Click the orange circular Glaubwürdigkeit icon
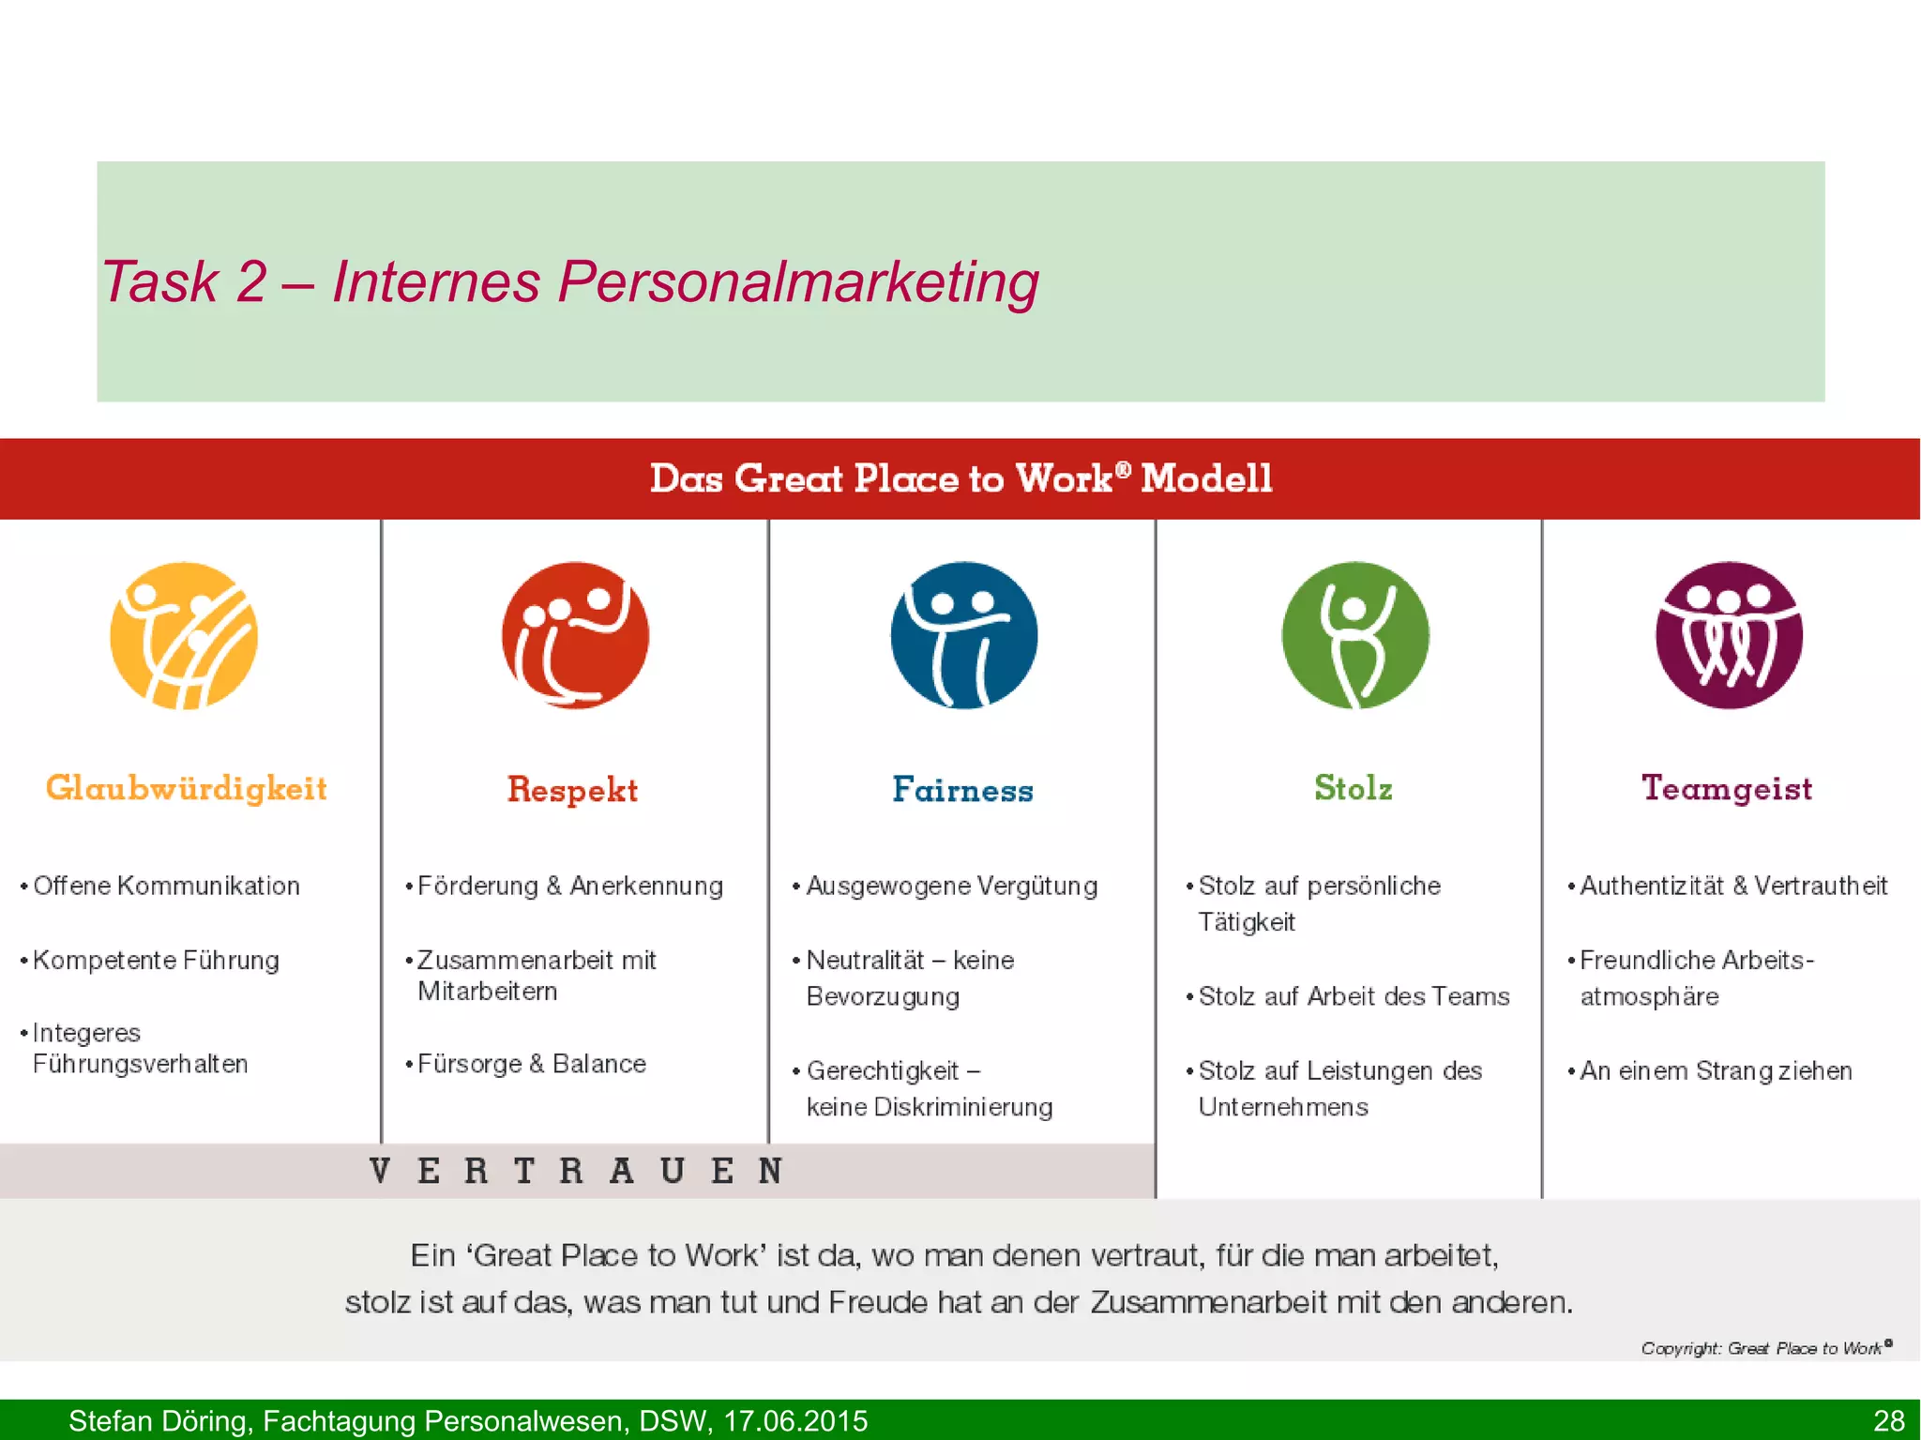point(184,636)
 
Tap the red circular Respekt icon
point(575,635)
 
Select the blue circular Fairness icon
point(964,635)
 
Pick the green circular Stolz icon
point(1355,635)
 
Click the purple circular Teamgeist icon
point(1729,635)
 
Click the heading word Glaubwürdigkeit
point(187,788)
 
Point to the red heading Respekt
point(572,790)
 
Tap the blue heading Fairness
point(962,790)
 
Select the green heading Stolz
point(1353,788)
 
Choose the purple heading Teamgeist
point(1727,788)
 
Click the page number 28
point(1888,1420)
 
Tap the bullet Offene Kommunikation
point(166,886)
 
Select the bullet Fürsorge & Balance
point(531,1064)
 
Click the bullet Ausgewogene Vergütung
point(951,886)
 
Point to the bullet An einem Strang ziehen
point(1716,1070)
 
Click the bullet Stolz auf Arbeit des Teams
point(1354,996)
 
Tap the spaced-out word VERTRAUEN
point(576,1171)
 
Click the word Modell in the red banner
point(1206,478)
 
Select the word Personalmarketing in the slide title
point(798,281)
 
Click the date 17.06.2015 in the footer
point(795,1420)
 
